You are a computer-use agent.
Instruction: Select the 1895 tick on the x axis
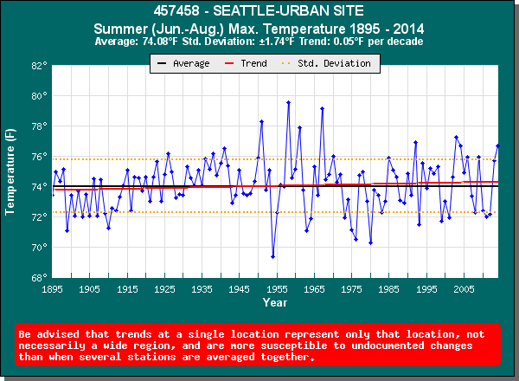pyautogui.click(x=53, y=289)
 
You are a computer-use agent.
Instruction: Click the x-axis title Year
pyautogui.click(x=275, y=303)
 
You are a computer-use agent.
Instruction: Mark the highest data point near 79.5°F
pyautogui.click(x=288, y=102)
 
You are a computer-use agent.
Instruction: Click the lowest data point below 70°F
pyautogui.click(x=272, y=256)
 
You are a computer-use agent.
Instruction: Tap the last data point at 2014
pyautogui.click(x=497, y=145)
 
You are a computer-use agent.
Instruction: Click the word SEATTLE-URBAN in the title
pyautogui.click(x=283, y=12)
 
